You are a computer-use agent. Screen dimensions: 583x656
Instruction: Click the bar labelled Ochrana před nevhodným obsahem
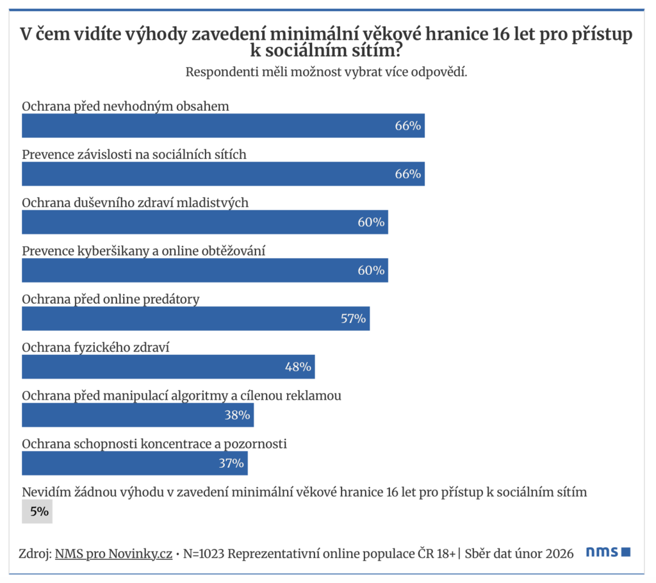(x=223, y=126)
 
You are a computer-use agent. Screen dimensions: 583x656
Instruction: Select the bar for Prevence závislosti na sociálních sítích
(x=223, y=174)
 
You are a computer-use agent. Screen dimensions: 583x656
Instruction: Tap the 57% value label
(x=353, y=318)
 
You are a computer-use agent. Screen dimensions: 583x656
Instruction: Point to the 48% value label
(x=298, y=366)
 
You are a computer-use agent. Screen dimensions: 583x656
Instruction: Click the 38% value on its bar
(x=237, y=415)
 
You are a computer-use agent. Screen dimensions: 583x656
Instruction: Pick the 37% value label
(x=231, y=463)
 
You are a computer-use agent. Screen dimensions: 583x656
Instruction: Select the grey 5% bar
(x=37, y=512)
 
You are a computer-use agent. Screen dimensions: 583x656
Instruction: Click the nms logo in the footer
(x=609, y=552)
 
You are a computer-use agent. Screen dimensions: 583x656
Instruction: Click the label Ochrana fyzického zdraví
(x=99, y=347)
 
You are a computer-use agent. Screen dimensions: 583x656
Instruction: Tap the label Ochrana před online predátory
(x=111, y=299)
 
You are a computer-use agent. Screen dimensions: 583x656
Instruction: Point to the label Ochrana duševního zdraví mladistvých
(x=135, y=202)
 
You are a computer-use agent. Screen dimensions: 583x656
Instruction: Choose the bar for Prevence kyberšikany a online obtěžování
(x=205, y=270)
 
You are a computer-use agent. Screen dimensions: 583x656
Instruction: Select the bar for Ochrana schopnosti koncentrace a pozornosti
(x=135, y=463)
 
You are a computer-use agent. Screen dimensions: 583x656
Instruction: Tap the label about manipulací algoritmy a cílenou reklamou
(x=181, y=395)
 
